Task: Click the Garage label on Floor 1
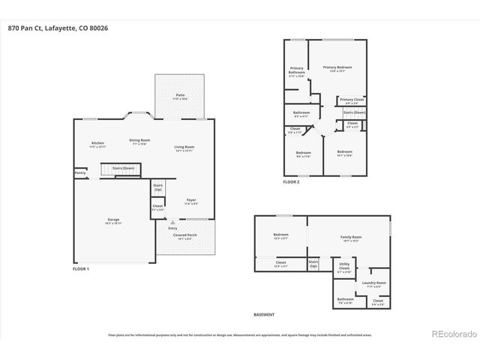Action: tap(112, 220)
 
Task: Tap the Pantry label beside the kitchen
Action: tap(80, 173)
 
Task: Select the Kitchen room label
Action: tap(97, 144)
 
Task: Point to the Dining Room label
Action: tap(139, 141)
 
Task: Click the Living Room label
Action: tap(184, 148)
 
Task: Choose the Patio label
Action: tap(181, 96)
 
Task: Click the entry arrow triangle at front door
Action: tap(173, 223)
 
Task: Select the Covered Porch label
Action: tap(183, 237)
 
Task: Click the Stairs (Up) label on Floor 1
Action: tap(158, 187)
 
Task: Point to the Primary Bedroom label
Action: tap(337, 68)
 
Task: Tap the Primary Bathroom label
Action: tap(297, 71)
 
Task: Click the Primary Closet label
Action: tap(351, 100)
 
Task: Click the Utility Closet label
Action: tap(344, 266)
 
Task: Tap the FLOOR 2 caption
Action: tap(291, 181)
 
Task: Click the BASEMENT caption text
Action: tap(264, 315)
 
